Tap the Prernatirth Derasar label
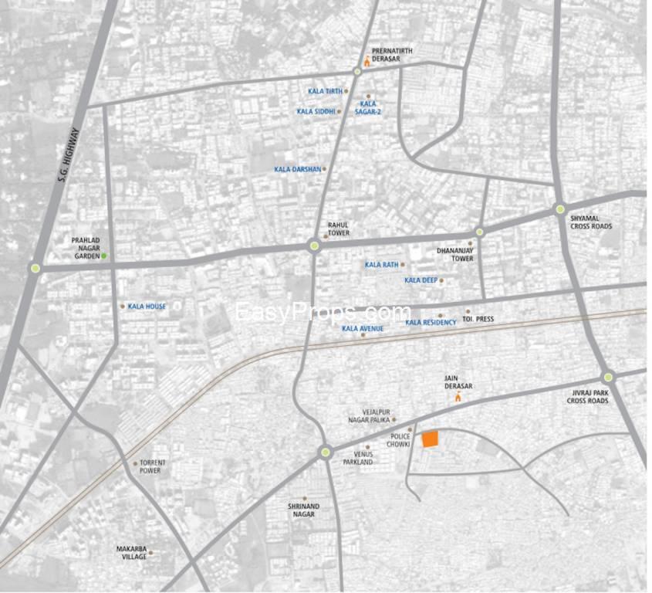pyautogui.click(x=392, y=56)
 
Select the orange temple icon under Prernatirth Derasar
pyautogui.click(x=367, y=62)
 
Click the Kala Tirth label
pyautogui.click(x=324, y=91)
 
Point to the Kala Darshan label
pyautogui.click(x=297, y=169)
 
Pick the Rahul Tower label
pyautogui.click(x=339, y=229)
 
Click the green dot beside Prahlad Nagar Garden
pyautogui.click(x=105, y=256)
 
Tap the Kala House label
pyautogui.click(x=147, y=307)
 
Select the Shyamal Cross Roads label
pyautogui.click(x=591, y=222)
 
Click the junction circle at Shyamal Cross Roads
pyautogui.click(x=560, y=208)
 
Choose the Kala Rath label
pyautogui.click(x=381, y=265)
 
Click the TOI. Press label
pyautogui.click(x=478, y=319)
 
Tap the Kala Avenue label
pyautogui.click(x=362, y=328)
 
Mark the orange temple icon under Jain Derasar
pyautogui.click(x=459, y=398)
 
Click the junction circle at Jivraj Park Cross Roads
pyautogui.click(x=608, y=377)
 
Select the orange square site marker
pyautogui.click(x=430, y=439)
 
